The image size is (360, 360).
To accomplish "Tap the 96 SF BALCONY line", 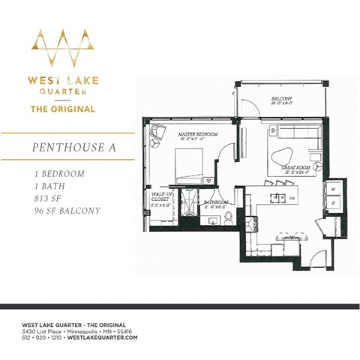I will (x=67, y=211).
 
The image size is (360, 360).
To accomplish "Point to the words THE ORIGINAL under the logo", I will (x=62, y=109).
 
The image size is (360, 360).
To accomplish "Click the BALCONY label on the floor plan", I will (x=282, y=99).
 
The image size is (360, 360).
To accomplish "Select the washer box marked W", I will (x=332, y=190).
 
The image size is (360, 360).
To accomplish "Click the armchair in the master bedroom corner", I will (x=158, y=134).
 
